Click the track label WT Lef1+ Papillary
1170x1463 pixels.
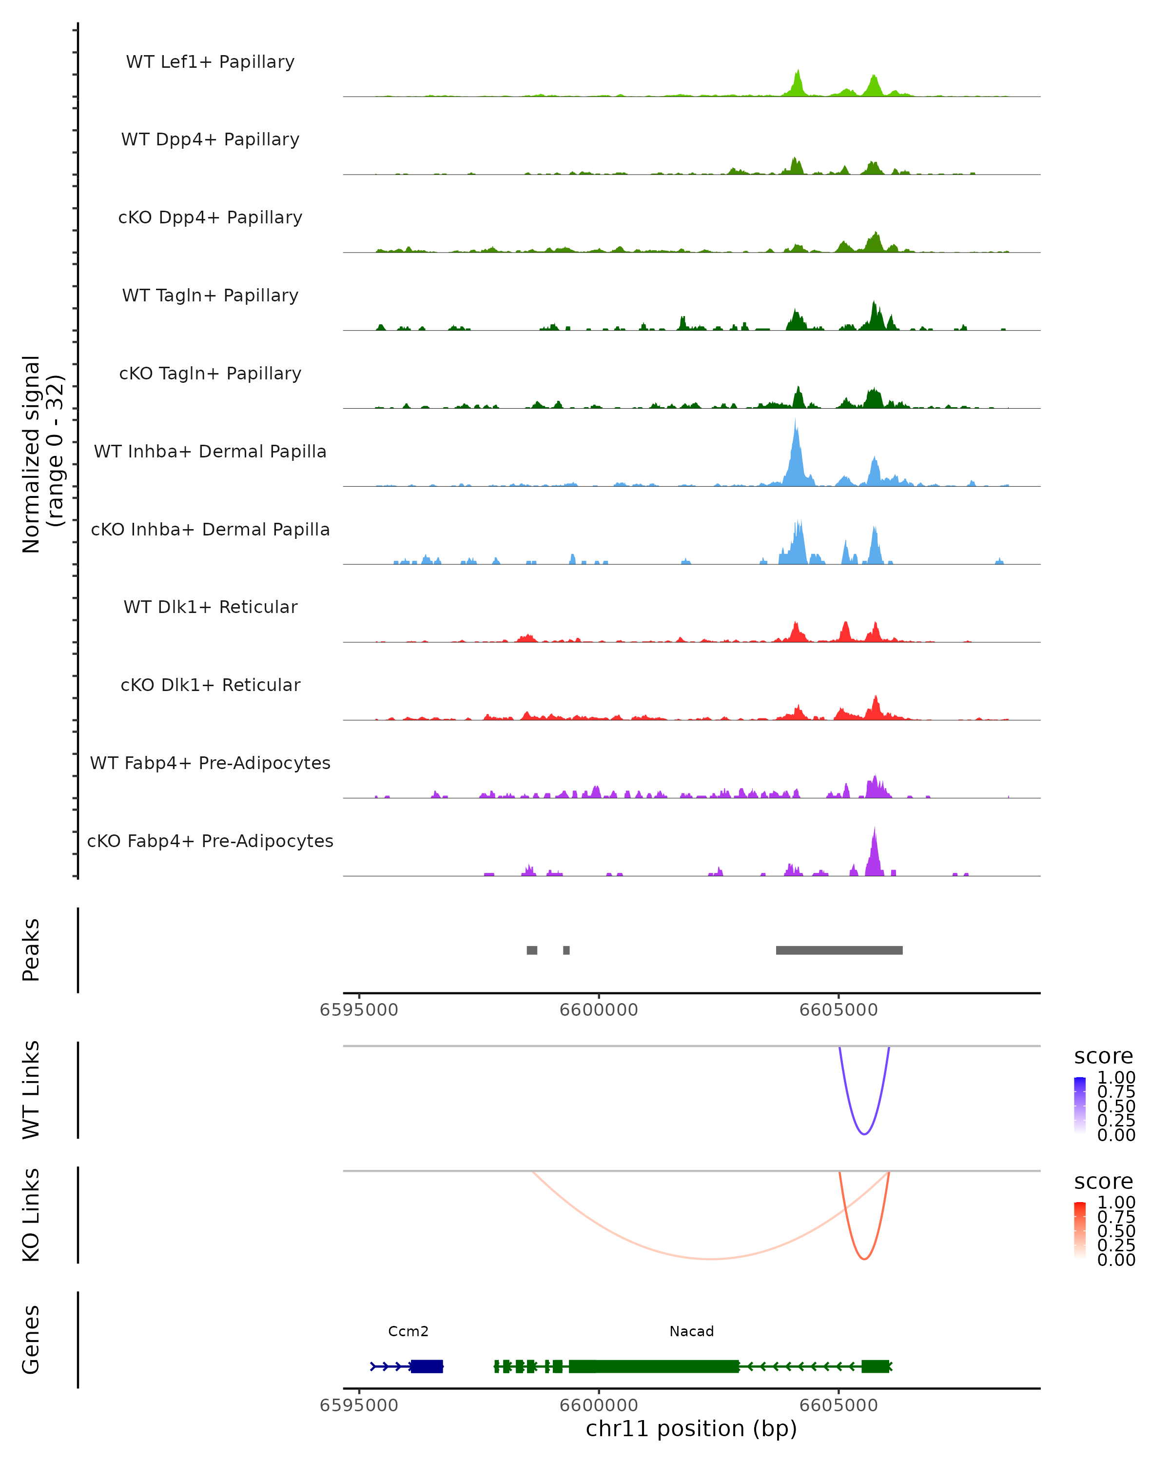[210, 62]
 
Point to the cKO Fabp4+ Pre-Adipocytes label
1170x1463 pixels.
[210, 841]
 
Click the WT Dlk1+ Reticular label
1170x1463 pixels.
[210, 607]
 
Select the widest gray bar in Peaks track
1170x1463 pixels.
[839, 950]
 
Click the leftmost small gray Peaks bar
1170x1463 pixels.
[532, 950]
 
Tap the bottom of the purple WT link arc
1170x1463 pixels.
[864, 1134]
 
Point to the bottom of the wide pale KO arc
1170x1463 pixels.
[709, 1259]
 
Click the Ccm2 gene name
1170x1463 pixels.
[409, 1331]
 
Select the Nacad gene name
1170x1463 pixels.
[692, 1331]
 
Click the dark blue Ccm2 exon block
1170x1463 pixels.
[427, 1366]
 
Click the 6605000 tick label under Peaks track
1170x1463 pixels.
[838, 1010]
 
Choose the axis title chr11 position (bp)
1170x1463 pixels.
[691, 1429]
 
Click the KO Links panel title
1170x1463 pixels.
[31, 1215]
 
